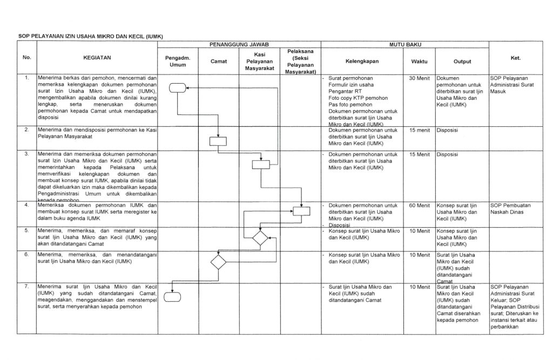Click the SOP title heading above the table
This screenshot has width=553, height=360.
(x=91, y=36)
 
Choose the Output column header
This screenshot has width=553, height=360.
(x=462, y=61)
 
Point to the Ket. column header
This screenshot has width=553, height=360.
(x=515, y=58)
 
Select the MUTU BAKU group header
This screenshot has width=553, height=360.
(x=405, y=43)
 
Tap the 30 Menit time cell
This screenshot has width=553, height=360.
(x=419, y=78)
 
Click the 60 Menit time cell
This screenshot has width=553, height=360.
(x=419, y=206)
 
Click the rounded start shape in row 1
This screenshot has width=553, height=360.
(x=177, y=89)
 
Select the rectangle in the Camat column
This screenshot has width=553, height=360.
(x=219, y=141)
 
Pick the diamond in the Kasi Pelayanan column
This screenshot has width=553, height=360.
(x=260, y=237)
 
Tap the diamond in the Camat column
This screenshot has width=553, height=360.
(x=219, y=262)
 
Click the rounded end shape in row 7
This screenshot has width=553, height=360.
(x=172, y=296)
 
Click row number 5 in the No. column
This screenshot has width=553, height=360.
(x=26, y=230)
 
